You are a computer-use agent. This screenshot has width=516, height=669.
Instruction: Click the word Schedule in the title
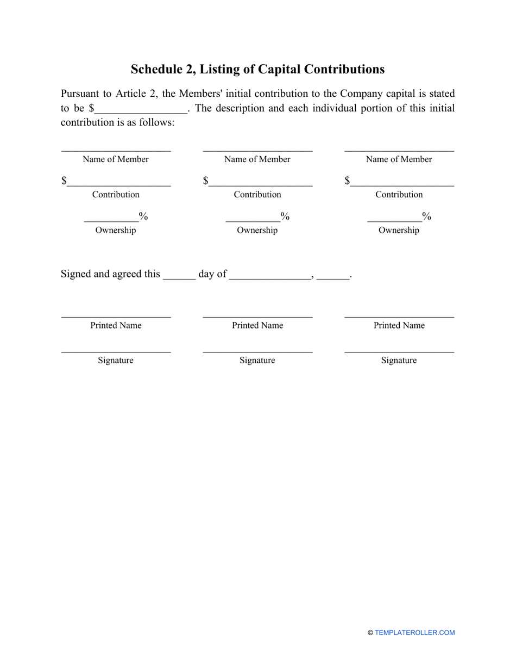pos(155,69)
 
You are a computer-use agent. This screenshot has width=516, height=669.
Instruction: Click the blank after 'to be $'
pos(141,109)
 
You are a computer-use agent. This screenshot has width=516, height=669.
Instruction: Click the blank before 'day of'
pos(179,275)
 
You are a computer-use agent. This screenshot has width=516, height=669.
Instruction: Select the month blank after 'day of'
pos(270,275)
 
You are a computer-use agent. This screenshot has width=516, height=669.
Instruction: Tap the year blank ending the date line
pos(332,275)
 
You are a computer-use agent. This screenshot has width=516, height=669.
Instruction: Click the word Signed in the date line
pos(76,274)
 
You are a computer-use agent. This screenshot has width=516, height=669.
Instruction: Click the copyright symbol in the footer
pos(370,633)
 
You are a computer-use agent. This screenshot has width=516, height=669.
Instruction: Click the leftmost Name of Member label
pos(116,159)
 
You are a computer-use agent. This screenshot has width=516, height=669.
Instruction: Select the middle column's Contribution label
pos(257,194)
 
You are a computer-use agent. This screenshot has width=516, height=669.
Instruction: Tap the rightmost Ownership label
pos(399,230)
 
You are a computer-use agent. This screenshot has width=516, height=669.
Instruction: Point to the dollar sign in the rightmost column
pos(347,181)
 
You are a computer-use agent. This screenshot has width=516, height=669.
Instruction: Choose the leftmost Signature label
pos(116,360)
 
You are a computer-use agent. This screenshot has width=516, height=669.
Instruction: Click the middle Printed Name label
pos(257,325)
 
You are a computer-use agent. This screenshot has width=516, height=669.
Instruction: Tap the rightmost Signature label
pos(399,360)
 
